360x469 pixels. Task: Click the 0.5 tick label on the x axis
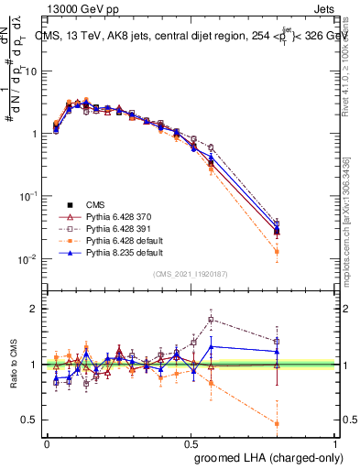(x=191, y=442)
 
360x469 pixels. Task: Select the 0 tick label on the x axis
(x=48, y=442)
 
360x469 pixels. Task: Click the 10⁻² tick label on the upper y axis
(x=27, y=259)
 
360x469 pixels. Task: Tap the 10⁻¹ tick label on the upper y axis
(x=27, y=196)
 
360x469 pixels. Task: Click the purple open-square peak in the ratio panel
(x=212, y=320)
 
